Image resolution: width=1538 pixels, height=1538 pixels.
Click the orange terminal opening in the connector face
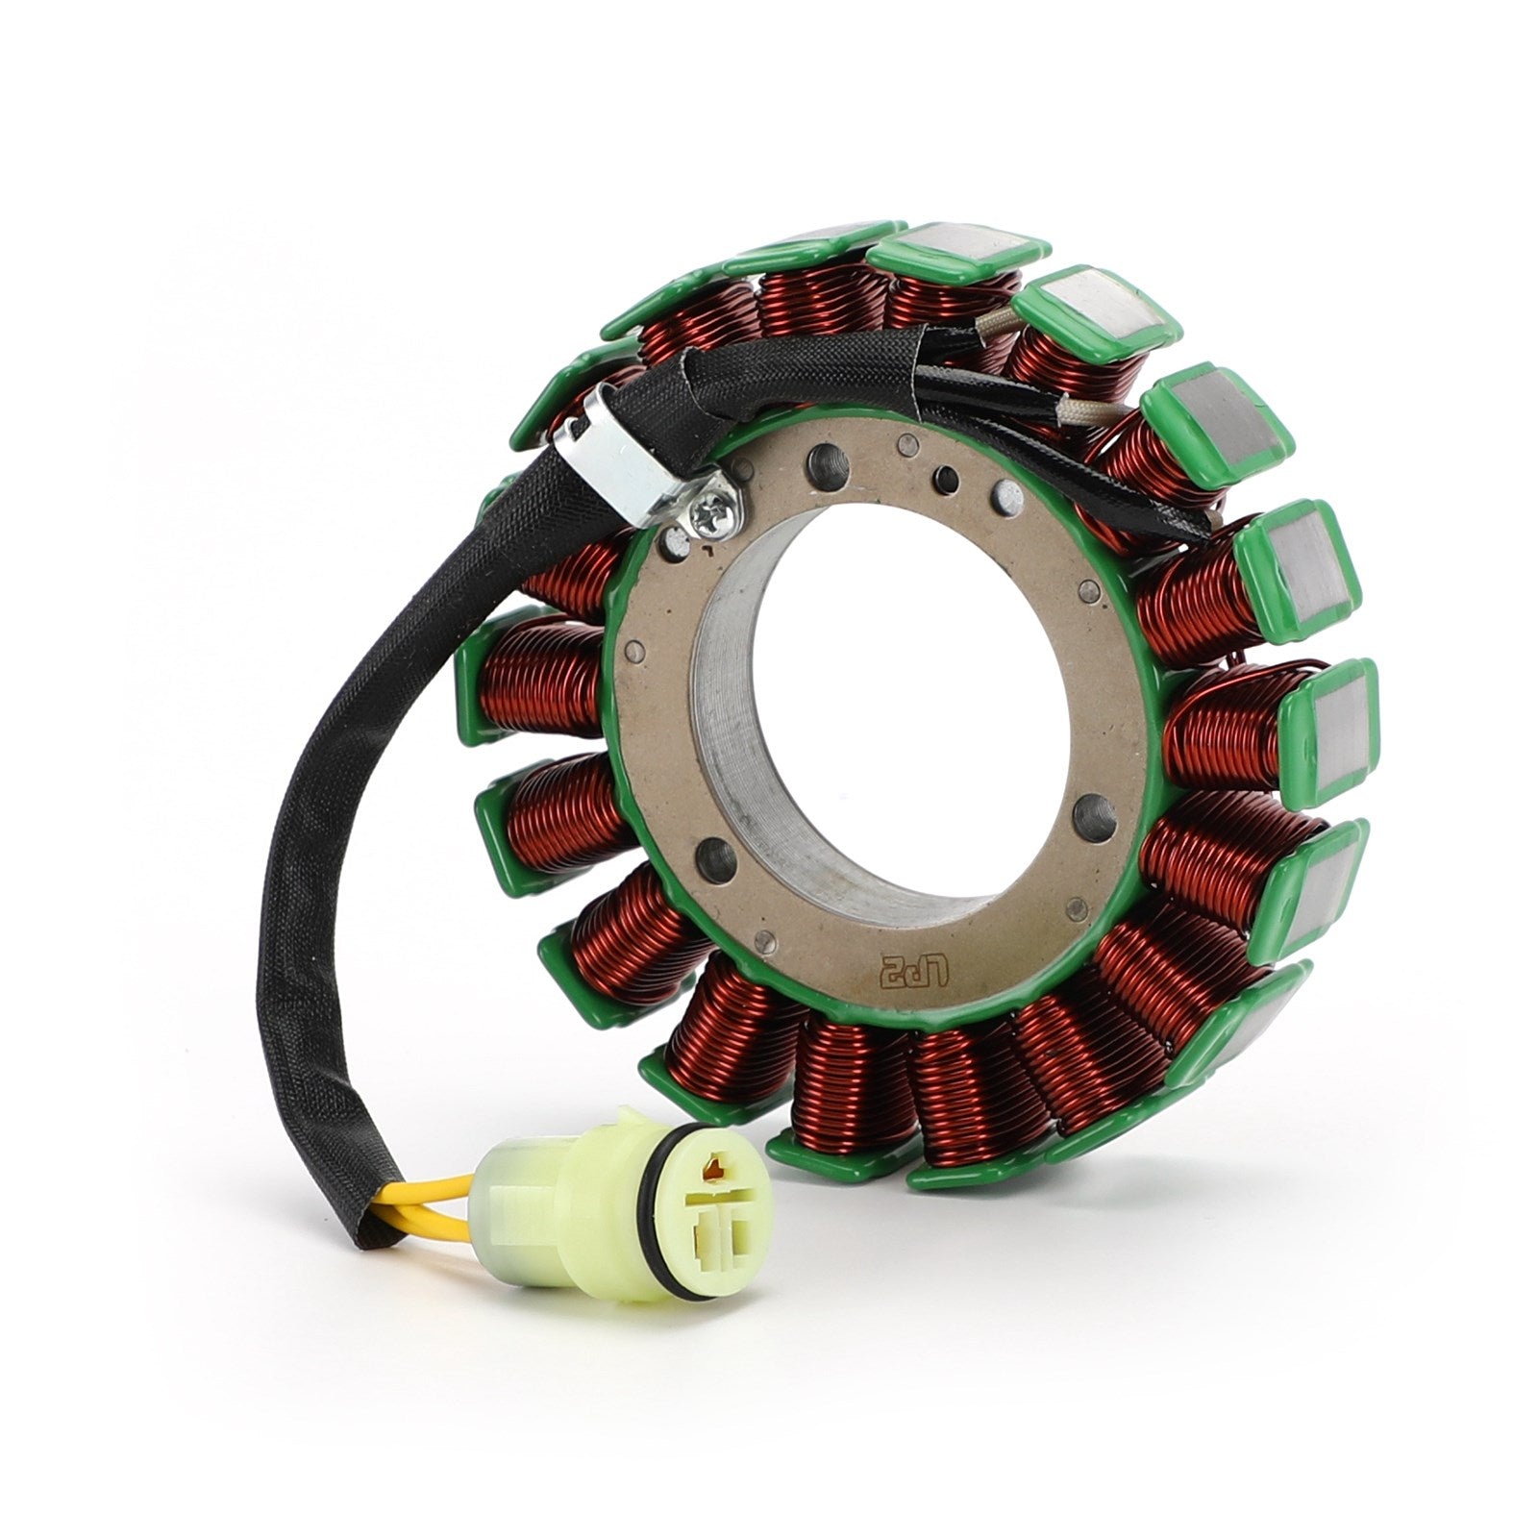(713, 1170)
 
